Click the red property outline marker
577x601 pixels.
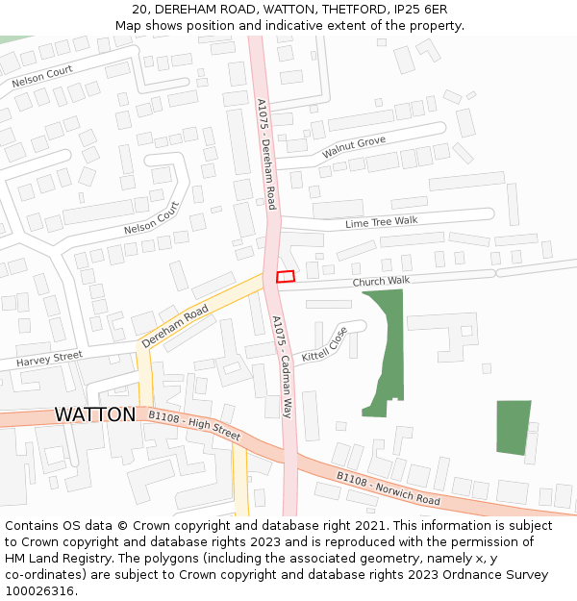tap(286, 277)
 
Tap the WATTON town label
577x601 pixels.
tap(94, 414)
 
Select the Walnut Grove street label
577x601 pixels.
tap(354, 147)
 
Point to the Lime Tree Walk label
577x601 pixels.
tap(382, 222)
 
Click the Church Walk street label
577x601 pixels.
tap(381, 281)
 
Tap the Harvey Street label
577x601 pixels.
tap(49, 359)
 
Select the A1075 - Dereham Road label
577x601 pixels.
tap(266, 154)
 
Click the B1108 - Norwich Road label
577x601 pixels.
tap(388, 489)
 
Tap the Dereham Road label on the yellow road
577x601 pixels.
tap(175, 327)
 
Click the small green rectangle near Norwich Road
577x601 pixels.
tap(514, 428)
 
